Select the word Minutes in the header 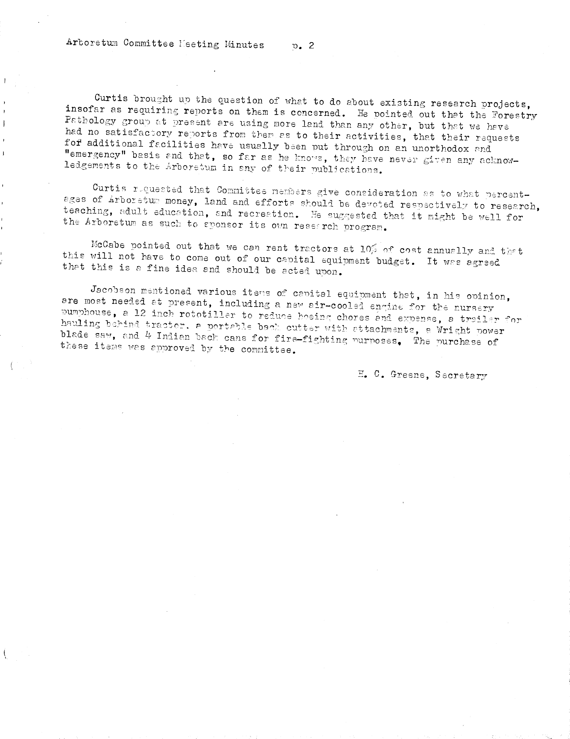[244, 45]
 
